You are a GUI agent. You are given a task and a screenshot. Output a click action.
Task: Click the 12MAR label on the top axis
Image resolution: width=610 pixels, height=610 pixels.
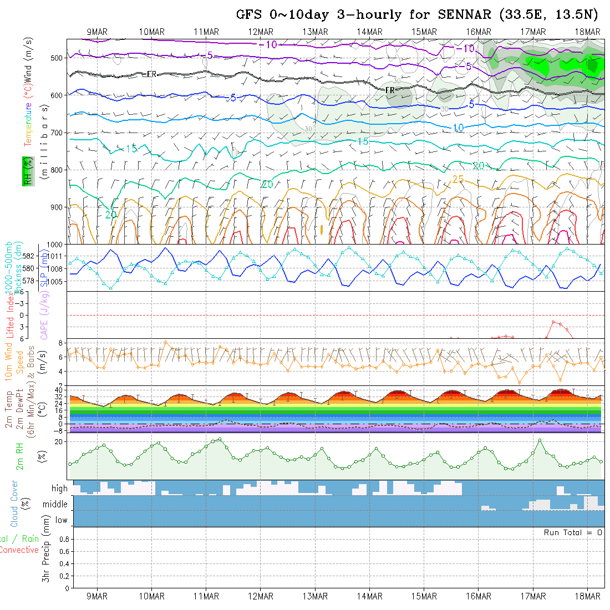pyautogui.click(x=261, y=32)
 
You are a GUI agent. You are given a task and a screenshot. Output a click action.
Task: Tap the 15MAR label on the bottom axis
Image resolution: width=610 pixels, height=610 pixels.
pyautogui.click(x=424, y=596)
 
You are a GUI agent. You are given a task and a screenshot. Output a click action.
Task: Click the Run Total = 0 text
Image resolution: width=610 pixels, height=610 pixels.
pyautogui.click(x=573, y=532)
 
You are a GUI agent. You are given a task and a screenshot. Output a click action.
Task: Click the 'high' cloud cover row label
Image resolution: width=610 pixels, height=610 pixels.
pyautogui.click(x=59, y=489)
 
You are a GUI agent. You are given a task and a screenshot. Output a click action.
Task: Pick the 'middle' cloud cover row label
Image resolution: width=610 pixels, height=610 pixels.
pyautogui.click(x=55, y=505)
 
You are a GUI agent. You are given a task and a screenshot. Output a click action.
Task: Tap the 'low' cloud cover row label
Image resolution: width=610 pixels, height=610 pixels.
pyautogui.click(x=61, y=520)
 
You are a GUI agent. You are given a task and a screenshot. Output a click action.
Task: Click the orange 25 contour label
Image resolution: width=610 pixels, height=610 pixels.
pyautogui.click(x=458, y=179)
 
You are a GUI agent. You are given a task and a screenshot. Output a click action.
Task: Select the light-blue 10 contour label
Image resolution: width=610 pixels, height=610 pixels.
pyautogui.click(x=458, y=128)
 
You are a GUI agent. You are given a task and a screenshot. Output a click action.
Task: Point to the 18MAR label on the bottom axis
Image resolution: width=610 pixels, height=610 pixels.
pyautogui.click(x=587, y=596)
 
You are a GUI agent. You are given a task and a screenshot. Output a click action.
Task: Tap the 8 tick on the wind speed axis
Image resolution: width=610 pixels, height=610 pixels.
pyautogui.click(x=63, y=343)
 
